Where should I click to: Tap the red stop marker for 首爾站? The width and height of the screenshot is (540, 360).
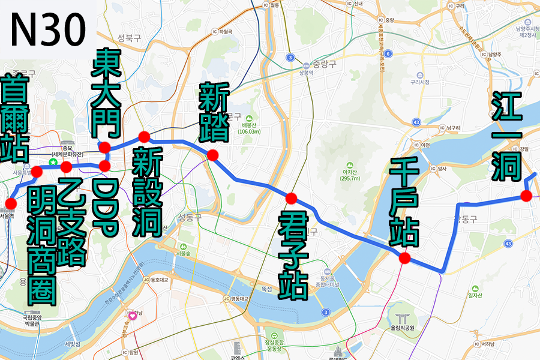(10, 202)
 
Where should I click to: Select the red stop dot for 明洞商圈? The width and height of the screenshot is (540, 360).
(36, 172)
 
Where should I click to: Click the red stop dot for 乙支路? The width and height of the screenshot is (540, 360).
(66, 167)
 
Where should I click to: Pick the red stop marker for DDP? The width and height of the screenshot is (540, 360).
(105, 165)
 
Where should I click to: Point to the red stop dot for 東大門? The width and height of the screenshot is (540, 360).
(105, 148)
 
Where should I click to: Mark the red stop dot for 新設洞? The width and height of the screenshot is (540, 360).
(144, 136)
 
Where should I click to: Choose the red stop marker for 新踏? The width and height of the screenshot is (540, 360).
(212, 155)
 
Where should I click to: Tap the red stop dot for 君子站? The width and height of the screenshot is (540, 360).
(292, 198)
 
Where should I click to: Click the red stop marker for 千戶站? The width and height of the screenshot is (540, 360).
(404, 259)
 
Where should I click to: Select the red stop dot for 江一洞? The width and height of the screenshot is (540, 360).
(526, 196)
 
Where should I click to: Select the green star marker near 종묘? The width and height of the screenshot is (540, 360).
(53, 162)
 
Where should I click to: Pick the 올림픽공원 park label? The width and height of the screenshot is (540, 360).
(402, 328)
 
